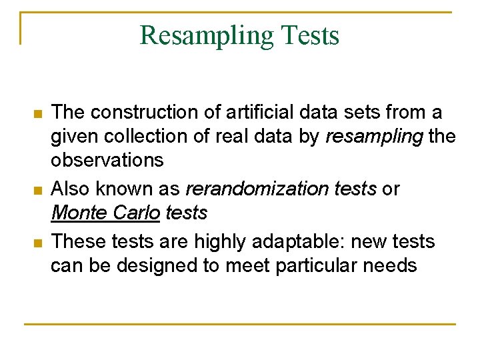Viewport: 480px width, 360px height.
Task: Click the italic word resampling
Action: [x=374, y=137]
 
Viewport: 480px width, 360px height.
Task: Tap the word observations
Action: [x=107, y=161]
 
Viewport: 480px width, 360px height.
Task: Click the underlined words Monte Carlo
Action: [x=106, y=213]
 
